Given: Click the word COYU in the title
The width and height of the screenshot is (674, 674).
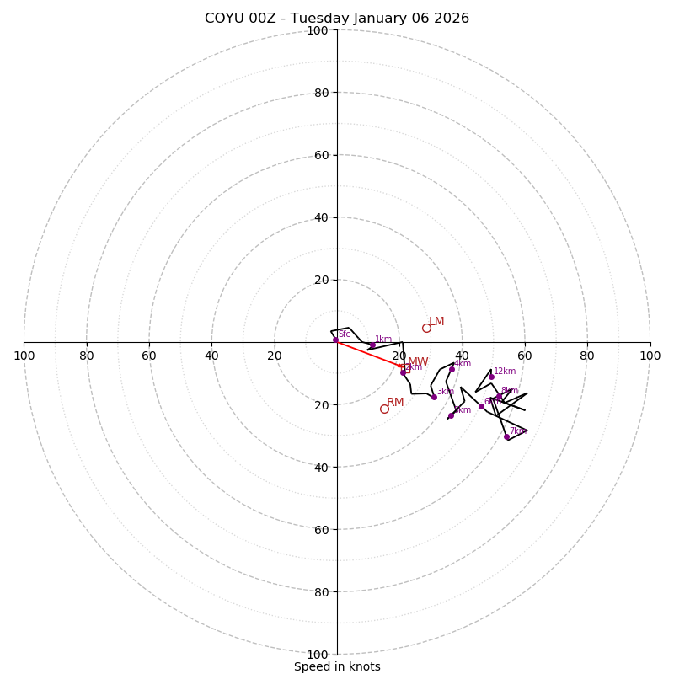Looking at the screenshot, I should pos(223,19).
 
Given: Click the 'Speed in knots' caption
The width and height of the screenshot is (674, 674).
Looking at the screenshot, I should pos(337,666).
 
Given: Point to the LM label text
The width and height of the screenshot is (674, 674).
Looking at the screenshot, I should pos(436,322).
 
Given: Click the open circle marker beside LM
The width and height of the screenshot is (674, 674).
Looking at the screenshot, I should pos(426,328).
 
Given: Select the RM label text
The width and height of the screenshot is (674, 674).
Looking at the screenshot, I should pos(395,403).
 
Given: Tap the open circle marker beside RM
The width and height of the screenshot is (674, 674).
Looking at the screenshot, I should pos(384,409).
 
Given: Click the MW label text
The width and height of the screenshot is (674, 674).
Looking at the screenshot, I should pos(418,362).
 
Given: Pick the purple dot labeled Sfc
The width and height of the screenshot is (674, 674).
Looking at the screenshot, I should pos(335,340).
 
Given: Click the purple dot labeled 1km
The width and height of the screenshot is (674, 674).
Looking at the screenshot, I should pos(372,345).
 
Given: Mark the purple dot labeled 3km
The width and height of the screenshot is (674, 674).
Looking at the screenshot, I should pos(434,397).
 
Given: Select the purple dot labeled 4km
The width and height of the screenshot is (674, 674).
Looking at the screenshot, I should pos(452,369).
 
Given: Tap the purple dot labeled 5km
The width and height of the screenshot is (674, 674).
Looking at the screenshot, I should pos(451,415).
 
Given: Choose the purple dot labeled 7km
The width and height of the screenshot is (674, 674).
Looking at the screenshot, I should pos(506,436).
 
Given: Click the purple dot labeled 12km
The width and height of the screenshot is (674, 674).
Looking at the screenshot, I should pos(491,377).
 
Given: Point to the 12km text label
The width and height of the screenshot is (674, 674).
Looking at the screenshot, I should pos(505,372).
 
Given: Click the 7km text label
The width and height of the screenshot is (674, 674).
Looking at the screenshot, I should pos(516,431).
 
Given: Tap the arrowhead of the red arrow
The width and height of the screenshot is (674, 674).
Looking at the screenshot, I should pos(404,366).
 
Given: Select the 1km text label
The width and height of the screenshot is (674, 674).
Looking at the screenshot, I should pos(383,340).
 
